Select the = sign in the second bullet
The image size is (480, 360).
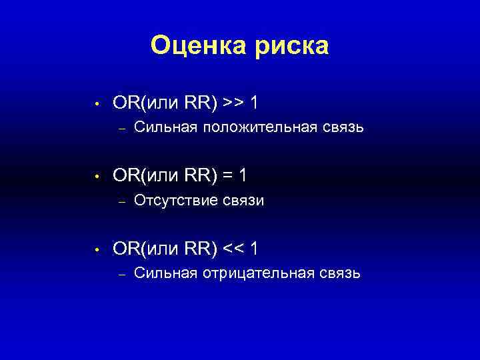pos(229,176)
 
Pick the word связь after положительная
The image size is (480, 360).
pos(342,127)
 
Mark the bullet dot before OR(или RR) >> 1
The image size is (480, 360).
pos(97,104)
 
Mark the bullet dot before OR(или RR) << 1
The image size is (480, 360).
pos(97,250)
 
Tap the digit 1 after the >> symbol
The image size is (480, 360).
pos(256,103)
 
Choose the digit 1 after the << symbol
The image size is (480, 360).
pos(256,249)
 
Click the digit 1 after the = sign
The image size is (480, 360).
pos(244,176)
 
